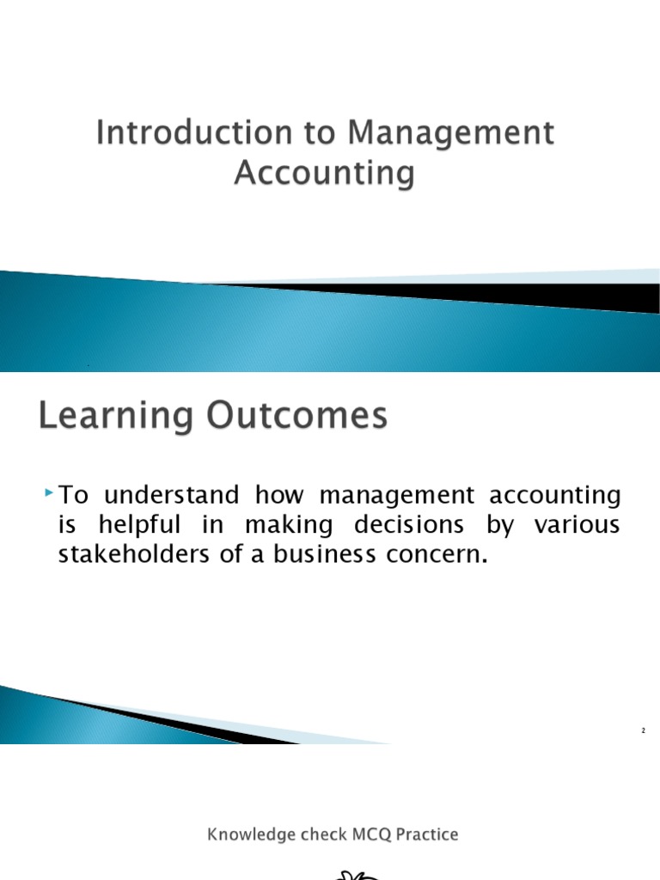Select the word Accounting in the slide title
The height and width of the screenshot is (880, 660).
pos(324,174)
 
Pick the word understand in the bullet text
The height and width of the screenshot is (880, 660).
pos(168,496)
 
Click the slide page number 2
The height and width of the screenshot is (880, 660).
pos(642,730)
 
